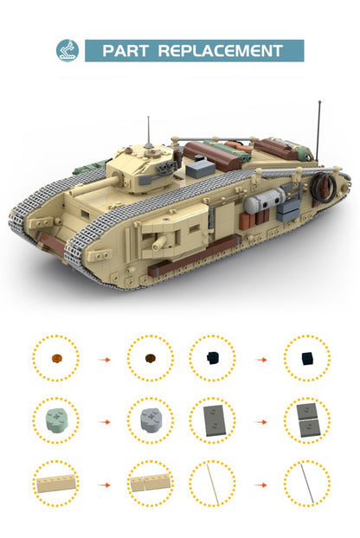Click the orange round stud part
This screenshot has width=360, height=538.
tap(55, 357)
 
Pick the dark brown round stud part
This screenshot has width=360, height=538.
tap(150, 357)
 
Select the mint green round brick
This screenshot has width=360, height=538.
tap(55, 420)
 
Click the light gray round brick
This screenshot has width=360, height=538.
tap(150, 420)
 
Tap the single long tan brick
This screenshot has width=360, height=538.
tap(55, 484)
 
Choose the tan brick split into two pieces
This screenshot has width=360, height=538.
tap(150, 484)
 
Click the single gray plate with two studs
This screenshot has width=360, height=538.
tap(212, 420)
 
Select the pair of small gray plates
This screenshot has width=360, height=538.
tap(306, 420)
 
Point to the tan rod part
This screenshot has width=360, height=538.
tap(212, 484)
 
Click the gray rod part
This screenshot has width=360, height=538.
tap(306, 484)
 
